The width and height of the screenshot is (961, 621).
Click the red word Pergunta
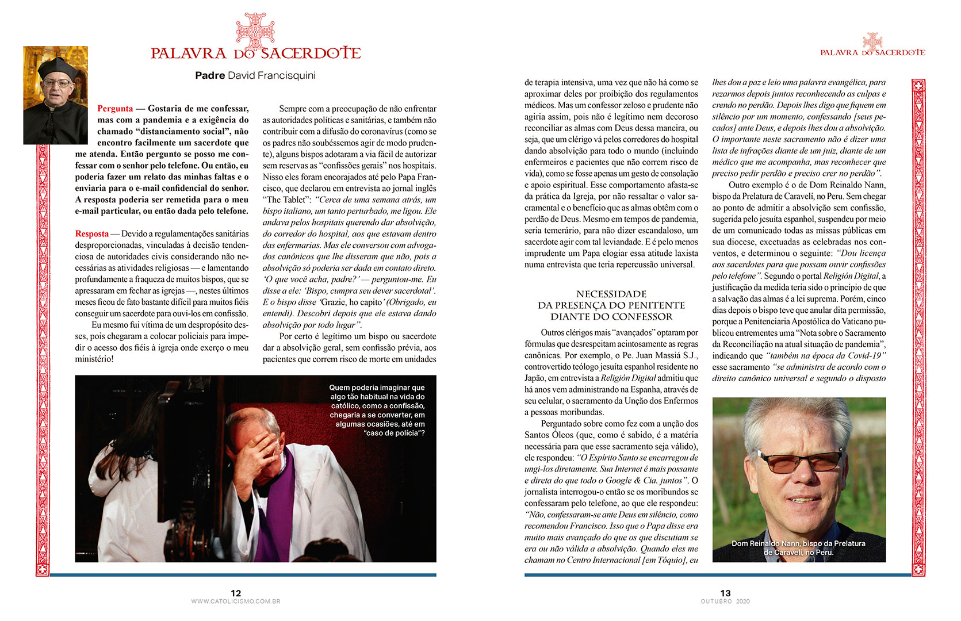[115, 109]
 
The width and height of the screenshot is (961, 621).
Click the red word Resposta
[91, 234]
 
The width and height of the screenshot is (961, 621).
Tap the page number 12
[236, 593]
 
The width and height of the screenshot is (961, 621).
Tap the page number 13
[725, 593]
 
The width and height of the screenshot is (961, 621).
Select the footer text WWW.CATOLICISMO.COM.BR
[236, 601]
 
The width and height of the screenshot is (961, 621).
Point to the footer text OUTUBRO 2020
[725, 601]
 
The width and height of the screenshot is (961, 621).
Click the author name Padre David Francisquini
[255, 75]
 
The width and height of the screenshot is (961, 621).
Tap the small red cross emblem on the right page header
[872, 40]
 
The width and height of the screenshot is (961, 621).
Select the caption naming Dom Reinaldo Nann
[798, 547]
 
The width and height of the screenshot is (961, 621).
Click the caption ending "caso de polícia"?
[377, 411]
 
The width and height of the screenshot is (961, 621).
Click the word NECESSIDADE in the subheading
[611, 294]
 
